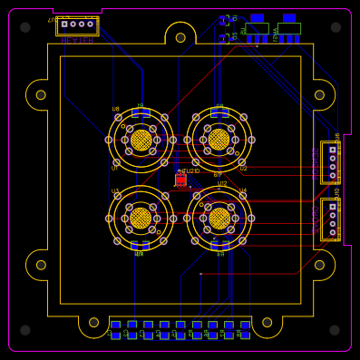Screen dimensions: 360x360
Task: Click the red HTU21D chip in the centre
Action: tap(181, 180)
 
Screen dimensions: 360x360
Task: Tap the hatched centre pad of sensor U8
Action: tap(141, 140)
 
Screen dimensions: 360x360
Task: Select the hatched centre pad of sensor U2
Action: tap(219, 140)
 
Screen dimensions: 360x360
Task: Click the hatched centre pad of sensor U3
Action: tap(141, 218)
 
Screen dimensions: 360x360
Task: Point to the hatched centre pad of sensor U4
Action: tap(219, 218)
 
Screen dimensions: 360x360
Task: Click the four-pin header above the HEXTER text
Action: tap(77, 24)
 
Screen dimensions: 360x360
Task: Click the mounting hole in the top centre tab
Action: tap(180, 37)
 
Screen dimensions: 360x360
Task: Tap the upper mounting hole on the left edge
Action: tap(41, 94)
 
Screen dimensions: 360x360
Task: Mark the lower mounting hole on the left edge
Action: tap(41, 265)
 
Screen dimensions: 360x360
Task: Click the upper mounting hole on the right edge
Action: tap(319, 94)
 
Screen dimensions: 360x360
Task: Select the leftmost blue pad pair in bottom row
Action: tap(116, 329)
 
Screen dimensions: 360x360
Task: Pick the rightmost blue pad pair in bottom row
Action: tap(245, 329)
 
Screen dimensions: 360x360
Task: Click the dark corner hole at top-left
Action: tap(25, 27)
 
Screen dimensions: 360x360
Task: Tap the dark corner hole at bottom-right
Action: tap(336, 330)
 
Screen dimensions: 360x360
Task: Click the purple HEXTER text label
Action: tap(77, 41)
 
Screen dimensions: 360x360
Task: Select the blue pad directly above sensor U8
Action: tap(141, 113)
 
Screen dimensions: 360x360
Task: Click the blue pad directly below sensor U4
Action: tap(219, 245)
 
